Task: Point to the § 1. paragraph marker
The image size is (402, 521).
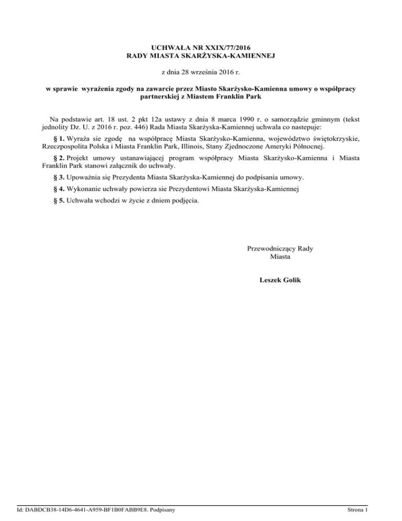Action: click(x=54, y=139)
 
